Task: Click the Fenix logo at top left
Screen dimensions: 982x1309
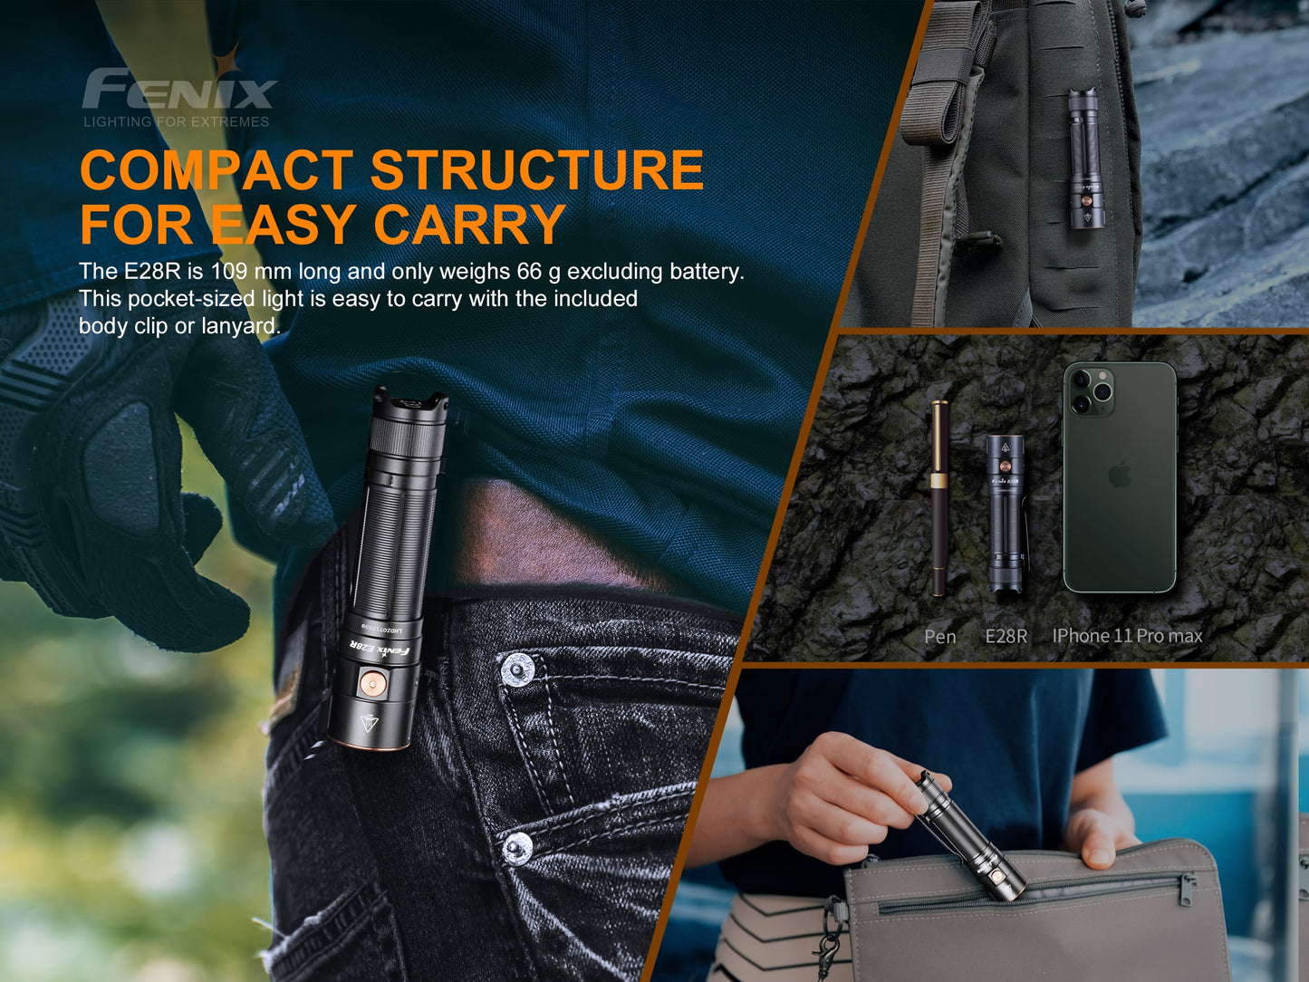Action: point(178,89)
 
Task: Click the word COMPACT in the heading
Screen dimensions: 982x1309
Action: point(216,170)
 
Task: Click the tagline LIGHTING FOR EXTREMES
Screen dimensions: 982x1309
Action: point(177,121)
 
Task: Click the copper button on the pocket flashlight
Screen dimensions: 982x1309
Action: point(370,683)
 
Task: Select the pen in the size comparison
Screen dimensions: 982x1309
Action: point(940,498)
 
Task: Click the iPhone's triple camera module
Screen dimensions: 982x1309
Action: point(1090,391)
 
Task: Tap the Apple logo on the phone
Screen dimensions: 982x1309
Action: point(1120,474)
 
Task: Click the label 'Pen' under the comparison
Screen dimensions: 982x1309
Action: point(939,637)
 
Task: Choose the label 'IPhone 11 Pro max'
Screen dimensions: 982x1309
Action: point(1127,636)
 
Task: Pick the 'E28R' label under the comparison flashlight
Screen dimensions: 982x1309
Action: point(1006,637)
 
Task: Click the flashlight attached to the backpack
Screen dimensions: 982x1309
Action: point(1084,159)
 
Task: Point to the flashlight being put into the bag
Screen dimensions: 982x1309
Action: point(969,835)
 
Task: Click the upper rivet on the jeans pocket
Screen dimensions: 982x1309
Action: point(516,669)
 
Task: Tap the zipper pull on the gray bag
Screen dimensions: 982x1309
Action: point(1187,889)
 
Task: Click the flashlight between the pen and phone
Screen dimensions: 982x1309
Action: point(1006,513)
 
